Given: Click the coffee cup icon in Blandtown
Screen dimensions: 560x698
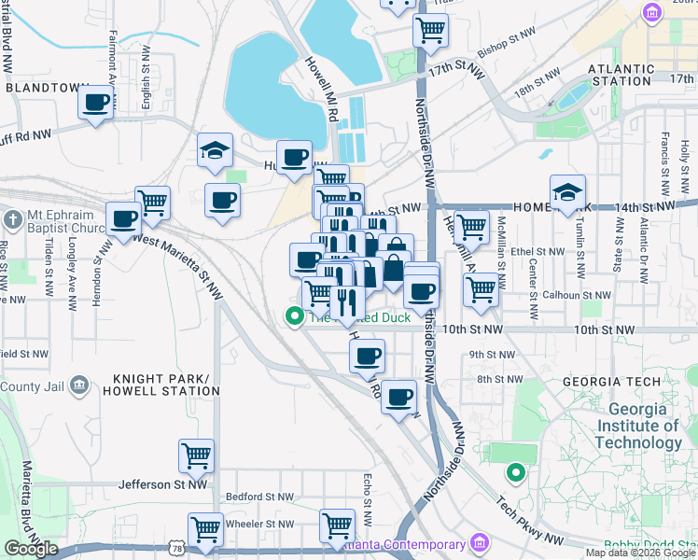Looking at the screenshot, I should tap(95, 102).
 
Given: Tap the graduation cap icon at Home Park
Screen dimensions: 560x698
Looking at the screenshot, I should tap(567, 191).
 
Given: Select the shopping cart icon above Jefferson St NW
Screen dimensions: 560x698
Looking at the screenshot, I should tap(196, 455).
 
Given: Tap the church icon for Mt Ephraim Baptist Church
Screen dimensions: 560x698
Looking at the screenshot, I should tap(12, 220).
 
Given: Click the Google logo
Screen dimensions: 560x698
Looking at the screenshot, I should tap(31, 549).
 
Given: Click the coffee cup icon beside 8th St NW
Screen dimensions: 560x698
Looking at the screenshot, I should tap(398, 396).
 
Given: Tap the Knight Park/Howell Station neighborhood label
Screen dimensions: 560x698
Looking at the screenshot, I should tap(165, 385).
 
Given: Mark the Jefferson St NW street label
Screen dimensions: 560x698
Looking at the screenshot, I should tap(162, 484).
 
